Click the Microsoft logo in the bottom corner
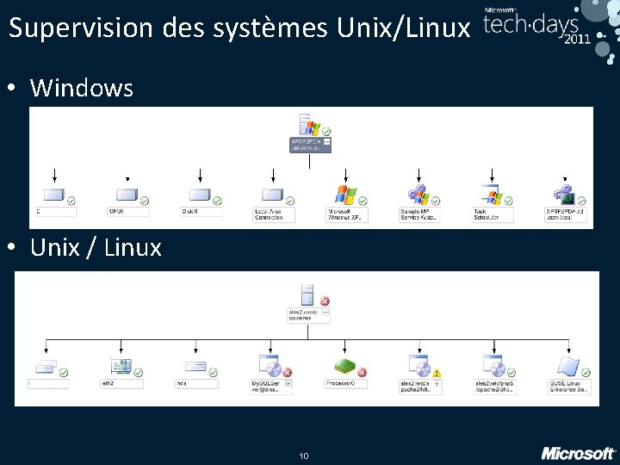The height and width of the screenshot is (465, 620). pyautogui.click(x=578, y=452)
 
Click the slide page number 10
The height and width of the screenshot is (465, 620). pyautogui.click(x=303, y=455)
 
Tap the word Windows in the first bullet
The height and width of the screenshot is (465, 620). pyautogui.click(x=82, y=88)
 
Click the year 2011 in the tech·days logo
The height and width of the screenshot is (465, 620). pyautogui.click(x=577, y=40)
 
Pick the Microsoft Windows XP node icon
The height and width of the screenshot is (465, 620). pyautogui.click(x=345, y=195)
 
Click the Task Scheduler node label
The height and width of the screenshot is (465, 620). pyautogui.click(x=492, y=214)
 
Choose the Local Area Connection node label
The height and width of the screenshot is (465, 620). pyautogui.click(x=274, y=214)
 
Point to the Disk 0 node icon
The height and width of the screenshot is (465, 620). pyautogui.click(x=199, y=195)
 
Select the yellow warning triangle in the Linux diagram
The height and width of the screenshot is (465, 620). pyautogui.click(x=437, y=374)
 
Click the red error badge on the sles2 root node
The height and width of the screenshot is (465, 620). pyautogui.click(x=325, y=301)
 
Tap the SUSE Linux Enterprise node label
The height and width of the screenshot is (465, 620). pyautogui.click(x=569, y=386)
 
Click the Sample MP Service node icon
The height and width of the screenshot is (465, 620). pyautogui.click(x=418, y=195)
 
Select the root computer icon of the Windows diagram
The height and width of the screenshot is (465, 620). pyautogui.click(x=307, y=125)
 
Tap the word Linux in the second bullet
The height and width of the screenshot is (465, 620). pyautogui.click(x=133, y=248)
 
